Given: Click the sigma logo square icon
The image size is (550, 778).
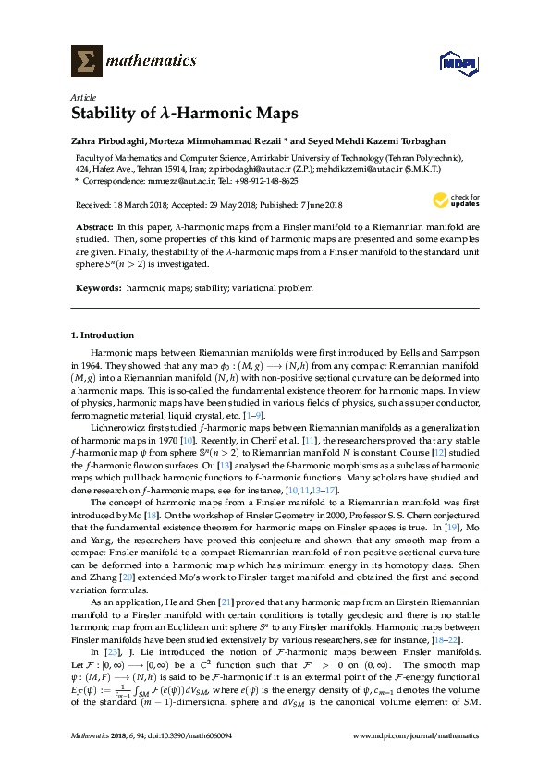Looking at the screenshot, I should (87, 61).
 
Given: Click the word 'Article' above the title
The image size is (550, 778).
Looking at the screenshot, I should (82, 97).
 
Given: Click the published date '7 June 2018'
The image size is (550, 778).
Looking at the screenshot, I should (315, 205).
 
